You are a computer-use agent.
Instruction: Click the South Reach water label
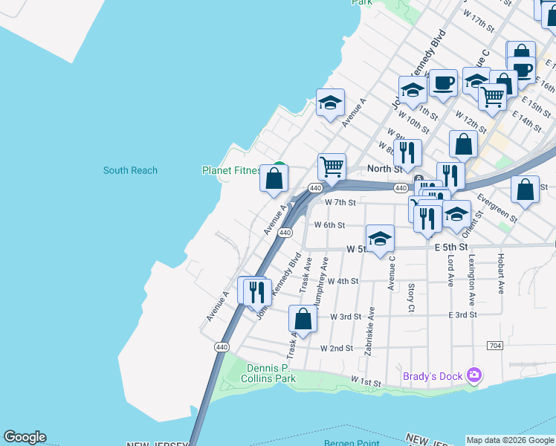(130, 170)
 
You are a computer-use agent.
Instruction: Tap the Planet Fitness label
(231, 170)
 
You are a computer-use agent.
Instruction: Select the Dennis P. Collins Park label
(268, 373)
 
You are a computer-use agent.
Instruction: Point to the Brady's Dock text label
(433, 376)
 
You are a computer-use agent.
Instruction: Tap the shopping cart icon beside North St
(332, 166)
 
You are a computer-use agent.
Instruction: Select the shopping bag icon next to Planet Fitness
(274, 178)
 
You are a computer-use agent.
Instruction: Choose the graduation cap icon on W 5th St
(380, 239)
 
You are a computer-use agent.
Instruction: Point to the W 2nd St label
(336, 348)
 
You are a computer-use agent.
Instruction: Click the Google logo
(25, 437)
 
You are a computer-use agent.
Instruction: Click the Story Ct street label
(411, 297)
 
